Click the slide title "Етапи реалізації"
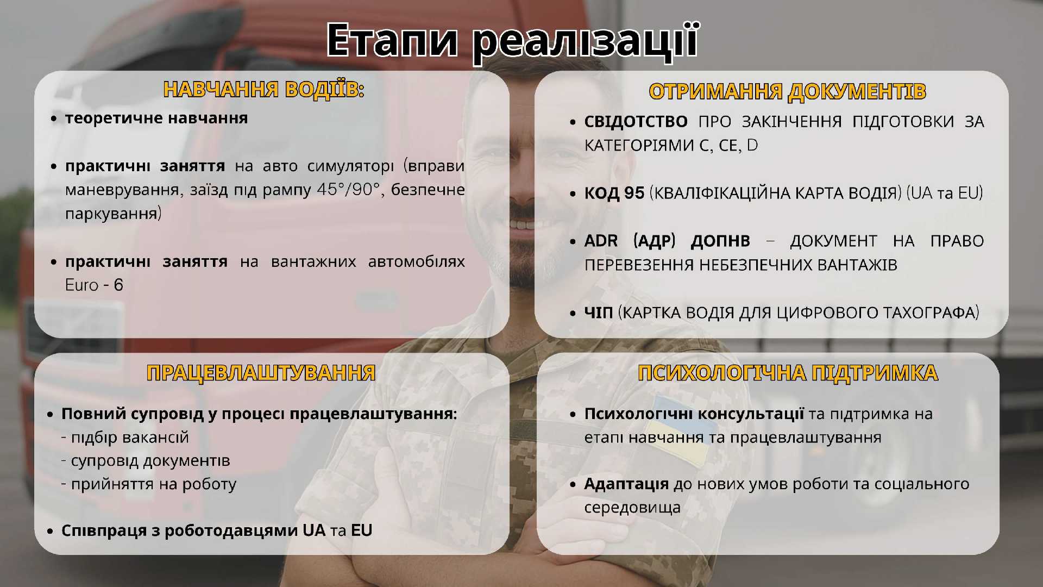[x=512, y=40]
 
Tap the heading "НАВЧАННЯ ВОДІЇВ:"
[x=263, y=90]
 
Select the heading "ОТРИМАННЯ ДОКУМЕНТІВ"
[x=788, y=91]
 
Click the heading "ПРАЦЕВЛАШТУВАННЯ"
[x=261, y=373]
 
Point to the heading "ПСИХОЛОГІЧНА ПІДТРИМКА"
[x=788, y=373]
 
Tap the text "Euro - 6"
[x=94, y=285]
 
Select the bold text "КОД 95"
[x=614, y=193]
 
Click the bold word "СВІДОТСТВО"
[x=636, y=121]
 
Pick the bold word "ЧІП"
[x=599, y=313]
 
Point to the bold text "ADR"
[x=601, y=241]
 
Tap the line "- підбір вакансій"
[x=125, y=438]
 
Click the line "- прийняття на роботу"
[x=149, y=484]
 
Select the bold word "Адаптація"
[x=626, y=484]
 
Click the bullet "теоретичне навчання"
[x=156, y=118]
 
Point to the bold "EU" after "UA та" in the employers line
[x=362, y=530]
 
